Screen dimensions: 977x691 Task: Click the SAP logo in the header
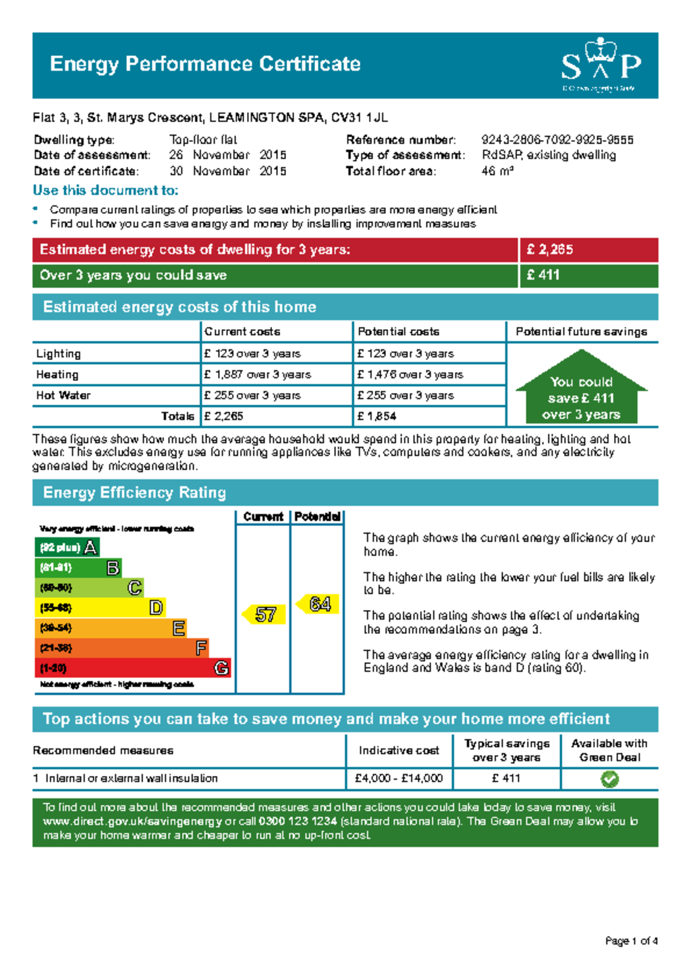click(x=600, y=65)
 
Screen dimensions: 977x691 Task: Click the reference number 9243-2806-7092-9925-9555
click(x=557, y=140)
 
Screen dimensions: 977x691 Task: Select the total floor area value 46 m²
click(x=497, y=171)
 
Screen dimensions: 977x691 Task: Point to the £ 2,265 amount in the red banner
click(x=550, y=250)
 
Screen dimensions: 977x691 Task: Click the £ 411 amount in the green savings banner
click(x=543, y=275)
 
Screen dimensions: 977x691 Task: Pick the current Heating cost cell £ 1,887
click(x=257, y=375)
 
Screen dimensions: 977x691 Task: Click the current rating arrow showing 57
click(x=264, y=614)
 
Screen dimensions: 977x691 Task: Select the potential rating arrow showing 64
click(x=318, y=604)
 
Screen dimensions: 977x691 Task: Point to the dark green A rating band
click(x=67, y=547)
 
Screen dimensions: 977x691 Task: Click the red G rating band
click(x=132, y=668)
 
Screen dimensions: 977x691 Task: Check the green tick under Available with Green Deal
click(x=609, y=779)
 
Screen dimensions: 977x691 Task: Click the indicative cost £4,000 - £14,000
click(x=399, y=779)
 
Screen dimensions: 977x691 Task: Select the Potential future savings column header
click(x=581, y=332)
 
